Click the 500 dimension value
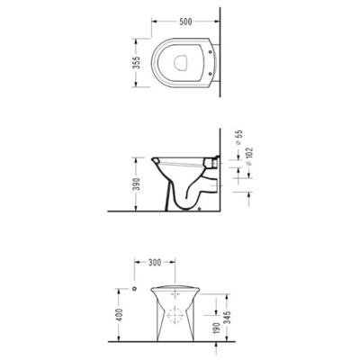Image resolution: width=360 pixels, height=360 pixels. click(x=185, y=22)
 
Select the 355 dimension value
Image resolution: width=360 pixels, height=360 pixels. click(x=137, y=63)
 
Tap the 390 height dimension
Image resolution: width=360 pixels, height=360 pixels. click(x=137, y=184)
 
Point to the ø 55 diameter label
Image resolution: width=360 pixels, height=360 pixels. click(x=239, y=138)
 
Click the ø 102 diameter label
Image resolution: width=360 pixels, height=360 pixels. click(x=250, y=157)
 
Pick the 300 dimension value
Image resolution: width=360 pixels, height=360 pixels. click(x=155, y=263)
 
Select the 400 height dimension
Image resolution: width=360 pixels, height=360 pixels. click(x=119, y=315)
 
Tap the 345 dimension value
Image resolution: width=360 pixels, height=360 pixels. click(x=227, y=318)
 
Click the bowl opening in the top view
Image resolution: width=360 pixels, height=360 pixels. click(x=181, y=63)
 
